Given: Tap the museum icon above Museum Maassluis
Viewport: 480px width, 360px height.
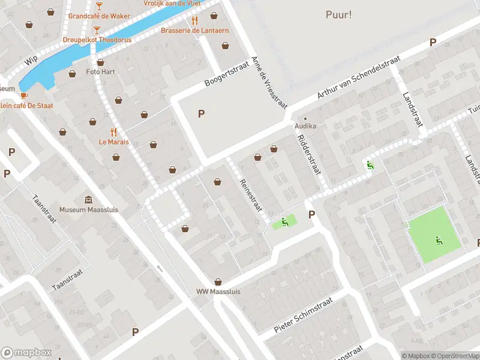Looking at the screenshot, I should (89, 199).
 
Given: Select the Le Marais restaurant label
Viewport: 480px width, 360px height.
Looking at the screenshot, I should (114, 143).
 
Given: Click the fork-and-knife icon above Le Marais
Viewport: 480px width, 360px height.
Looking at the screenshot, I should (113, 132).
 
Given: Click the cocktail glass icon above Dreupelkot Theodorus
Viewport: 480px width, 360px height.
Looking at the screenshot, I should (97, 29).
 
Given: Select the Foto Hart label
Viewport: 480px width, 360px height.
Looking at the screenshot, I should (100, 71).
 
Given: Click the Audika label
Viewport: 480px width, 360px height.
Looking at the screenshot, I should (305, 127).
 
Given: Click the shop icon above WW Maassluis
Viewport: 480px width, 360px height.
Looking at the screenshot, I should (217, 281).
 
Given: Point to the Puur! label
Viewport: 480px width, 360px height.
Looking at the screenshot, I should (339, 14).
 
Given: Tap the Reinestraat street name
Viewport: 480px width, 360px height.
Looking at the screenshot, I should (251, 195).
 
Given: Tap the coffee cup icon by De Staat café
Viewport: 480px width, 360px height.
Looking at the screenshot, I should (24, 95).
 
